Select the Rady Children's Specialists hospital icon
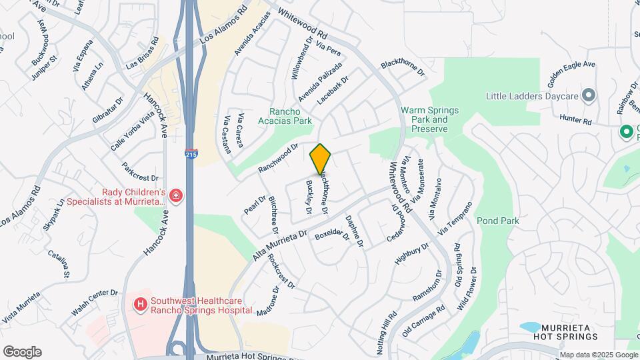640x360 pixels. click(x=175, y=195)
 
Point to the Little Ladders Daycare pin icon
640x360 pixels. click(x=589, y=95)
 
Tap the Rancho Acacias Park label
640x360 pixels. click(x=291, y=117)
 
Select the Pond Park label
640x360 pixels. click(x=497, y=220)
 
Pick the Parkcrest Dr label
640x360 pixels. click(x=140, y=173)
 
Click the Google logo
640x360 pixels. click(x=22, y=351)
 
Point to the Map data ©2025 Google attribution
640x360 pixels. click(x=598, y=355)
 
